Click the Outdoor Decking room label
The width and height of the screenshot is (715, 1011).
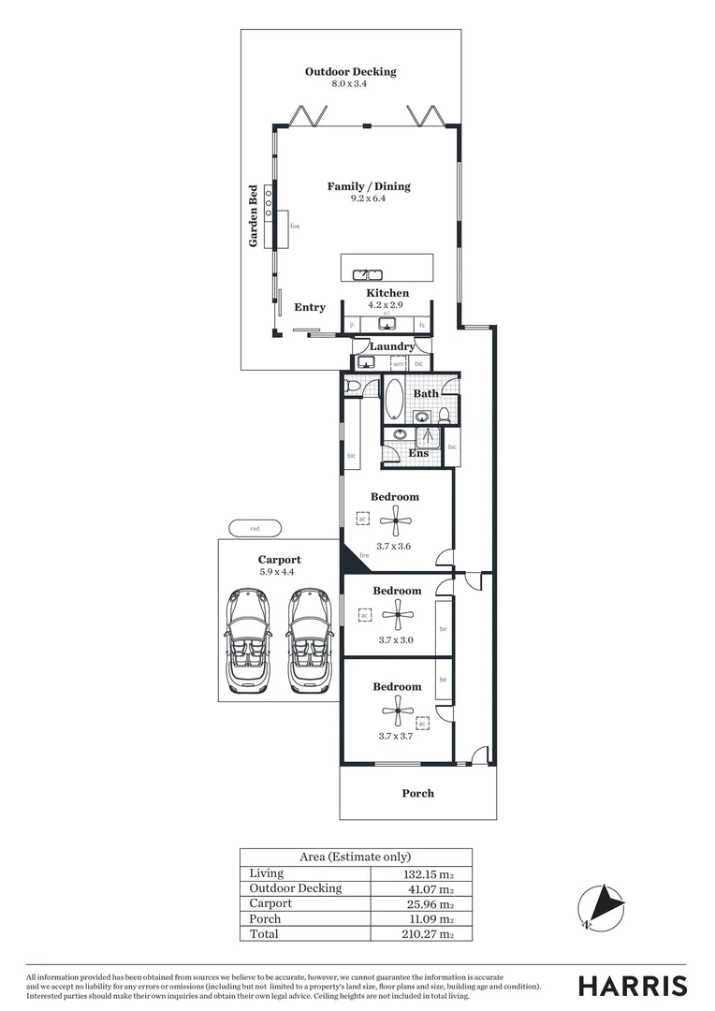(350, 72)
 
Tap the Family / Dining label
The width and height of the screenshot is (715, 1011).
(368, 186)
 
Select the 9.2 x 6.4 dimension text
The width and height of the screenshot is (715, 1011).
(368, 198)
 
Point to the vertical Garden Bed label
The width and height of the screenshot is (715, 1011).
(253, 216)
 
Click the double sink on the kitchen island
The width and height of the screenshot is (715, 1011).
(368, 274)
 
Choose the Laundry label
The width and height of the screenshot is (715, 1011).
(391, 346)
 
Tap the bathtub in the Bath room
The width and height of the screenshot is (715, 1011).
(394, 399)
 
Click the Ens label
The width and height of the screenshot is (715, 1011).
(418, 454)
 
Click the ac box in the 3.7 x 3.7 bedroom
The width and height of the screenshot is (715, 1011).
(422, 724)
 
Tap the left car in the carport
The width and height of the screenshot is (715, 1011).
(247, 640)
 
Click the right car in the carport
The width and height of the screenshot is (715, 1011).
(309, 640)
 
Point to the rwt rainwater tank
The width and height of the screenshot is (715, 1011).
(254, 529)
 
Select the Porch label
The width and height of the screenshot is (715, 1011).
(417, 794)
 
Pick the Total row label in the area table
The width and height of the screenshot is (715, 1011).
(265, 934)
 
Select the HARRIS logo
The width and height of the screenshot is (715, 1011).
(632, 986)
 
